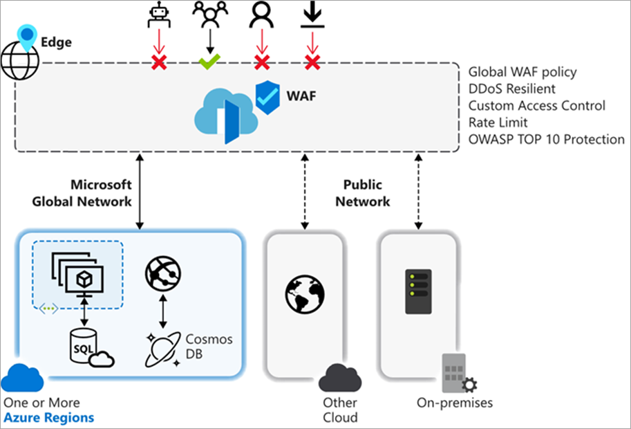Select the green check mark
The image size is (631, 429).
209,62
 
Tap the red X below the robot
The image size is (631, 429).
160,63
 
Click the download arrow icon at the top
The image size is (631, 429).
312,16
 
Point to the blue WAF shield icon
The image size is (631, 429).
268,95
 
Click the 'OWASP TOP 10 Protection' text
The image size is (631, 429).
546,139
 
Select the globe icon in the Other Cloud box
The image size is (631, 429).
305,293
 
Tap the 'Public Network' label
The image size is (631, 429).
367,193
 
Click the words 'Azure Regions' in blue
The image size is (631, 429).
48,418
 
